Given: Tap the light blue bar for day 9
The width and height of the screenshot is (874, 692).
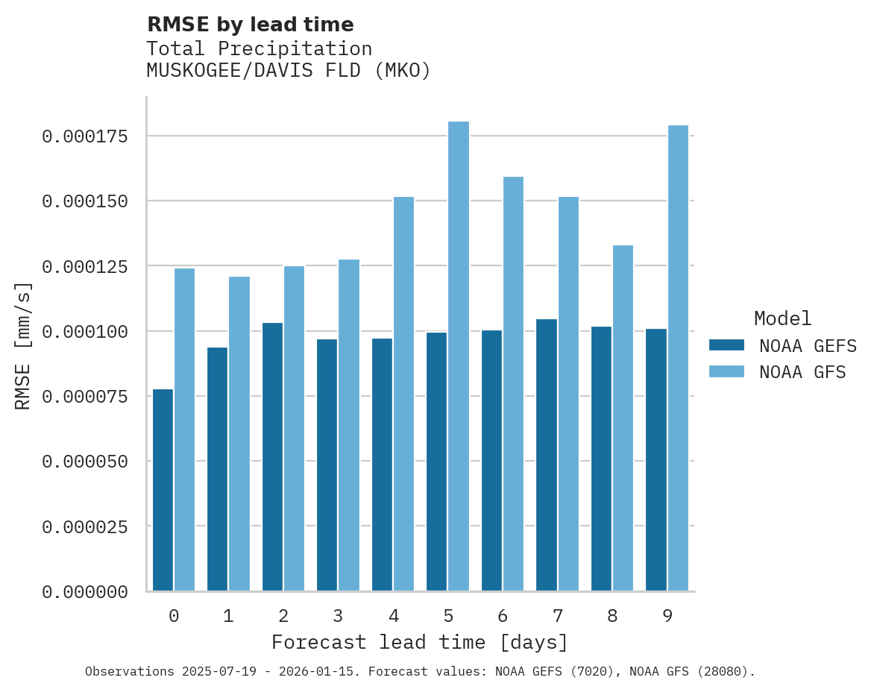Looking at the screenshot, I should (678, 358).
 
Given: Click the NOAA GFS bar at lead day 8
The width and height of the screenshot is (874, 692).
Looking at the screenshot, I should (623, 418).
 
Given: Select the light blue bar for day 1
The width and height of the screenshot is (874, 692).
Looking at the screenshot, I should (239, 433).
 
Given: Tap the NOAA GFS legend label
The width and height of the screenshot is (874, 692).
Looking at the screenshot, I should (802, 372).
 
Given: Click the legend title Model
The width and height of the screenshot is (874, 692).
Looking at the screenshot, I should (782, 318).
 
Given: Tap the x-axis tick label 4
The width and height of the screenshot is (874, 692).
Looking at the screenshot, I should (393, 616).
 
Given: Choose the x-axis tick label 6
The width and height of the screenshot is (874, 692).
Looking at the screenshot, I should (503, 616).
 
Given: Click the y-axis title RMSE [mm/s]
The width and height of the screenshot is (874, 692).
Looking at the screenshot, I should (23, 345).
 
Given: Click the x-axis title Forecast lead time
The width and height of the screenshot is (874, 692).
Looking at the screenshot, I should (420, 642).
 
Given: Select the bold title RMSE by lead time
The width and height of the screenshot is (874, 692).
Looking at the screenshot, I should (250, 25).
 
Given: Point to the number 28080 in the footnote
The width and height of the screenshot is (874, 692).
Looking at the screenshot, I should (719, 671).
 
